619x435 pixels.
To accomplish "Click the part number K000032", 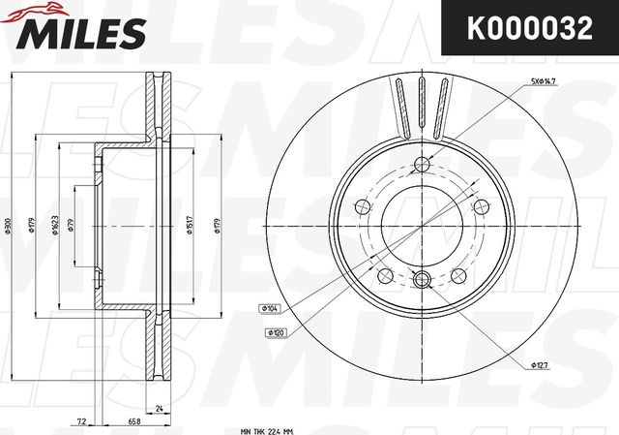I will tap(530, 29).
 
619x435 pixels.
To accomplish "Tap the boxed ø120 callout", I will tap(276, 331).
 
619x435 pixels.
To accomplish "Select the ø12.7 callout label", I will tap(540, 365).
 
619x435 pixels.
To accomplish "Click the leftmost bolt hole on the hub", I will tap(363, 205).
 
